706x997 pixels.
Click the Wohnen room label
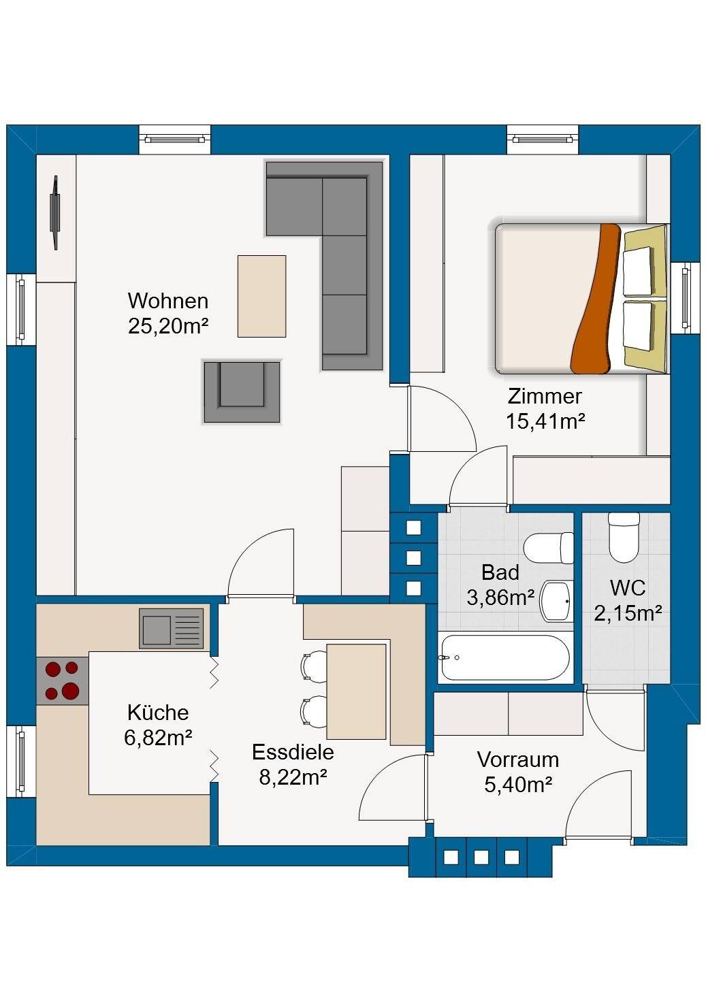(168, 301)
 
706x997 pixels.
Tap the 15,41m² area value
(545, 421)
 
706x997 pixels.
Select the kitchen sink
(172, 628)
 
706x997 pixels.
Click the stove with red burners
(63, 681)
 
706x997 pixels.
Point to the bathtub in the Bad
(504, 657)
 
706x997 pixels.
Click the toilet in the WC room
(624, 537)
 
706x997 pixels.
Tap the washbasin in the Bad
(556, 602)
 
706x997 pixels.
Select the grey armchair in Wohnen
(242, 392)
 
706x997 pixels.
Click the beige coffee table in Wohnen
(261, 296)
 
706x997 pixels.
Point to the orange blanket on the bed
(595, 299)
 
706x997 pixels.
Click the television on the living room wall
(55, 212)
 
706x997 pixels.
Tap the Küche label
(158, 713)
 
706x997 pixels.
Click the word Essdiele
(293, 752)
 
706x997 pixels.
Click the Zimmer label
(545, 396)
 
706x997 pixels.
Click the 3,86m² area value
(500, 598)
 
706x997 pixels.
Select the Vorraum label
(518, 759)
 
